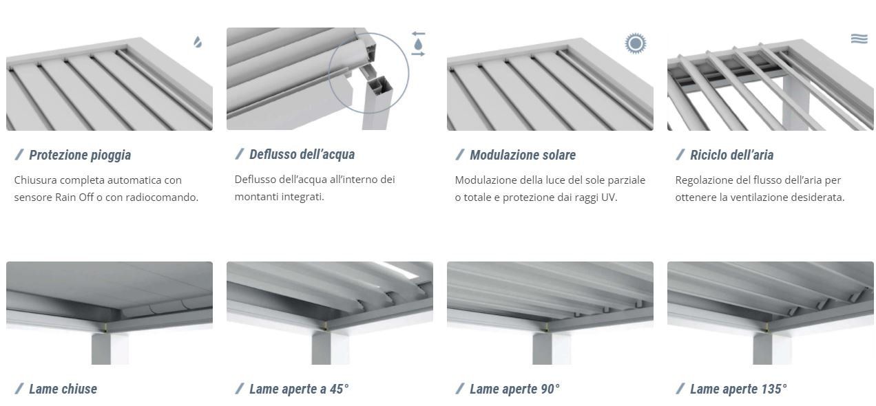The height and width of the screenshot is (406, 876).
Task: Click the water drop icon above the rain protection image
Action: [x=198, y=42]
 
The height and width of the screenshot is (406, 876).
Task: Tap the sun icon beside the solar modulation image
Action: [x=635, y=43]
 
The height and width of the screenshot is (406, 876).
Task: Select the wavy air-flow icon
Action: [x=859, y=39]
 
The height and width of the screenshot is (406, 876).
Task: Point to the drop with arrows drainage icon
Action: [x=418, y=44]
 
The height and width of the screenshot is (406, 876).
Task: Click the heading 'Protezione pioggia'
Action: [x=80, y=155]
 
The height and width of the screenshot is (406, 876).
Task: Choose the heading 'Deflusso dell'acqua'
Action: [x=302, y=154]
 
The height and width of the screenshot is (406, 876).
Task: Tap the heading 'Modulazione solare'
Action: [x=523, y=155]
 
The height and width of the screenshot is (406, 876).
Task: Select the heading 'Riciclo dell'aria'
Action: [x=731, y=155]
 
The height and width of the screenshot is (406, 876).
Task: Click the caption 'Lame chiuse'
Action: [x=63, y=389]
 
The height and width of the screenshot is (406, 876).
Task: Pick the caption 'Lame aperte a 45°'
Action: [x=299, y=389]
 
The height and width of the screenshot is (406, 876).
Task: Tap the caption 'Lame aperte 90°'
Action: [x=514, y=389]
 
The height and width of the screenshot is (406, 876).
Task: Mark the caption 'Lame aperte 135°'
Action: [x=738, y=389]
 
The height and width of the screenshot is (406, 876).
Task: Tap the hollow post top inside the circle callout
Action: [x=378, y=85]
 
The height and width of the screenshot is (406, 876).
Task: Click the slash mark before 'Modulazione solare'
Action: [x=460, y=155]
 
